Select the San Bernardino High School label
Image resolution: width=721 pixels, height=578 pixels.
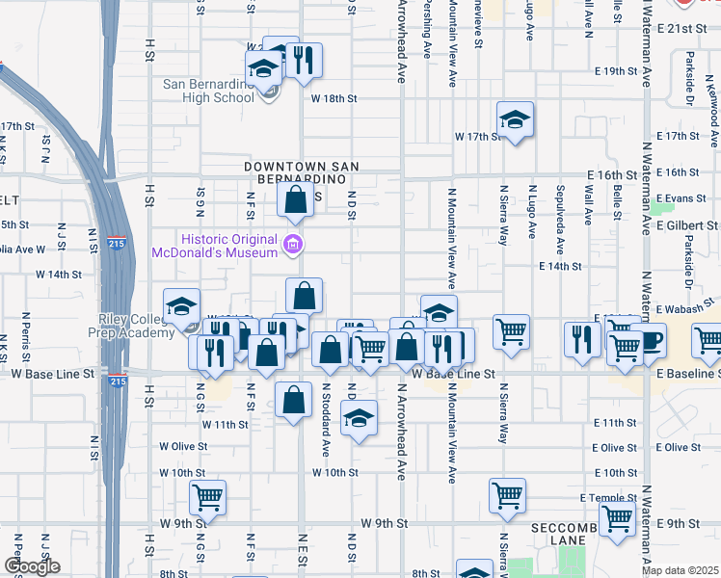207,91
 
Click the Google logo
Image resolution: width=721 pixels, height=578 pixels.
32,566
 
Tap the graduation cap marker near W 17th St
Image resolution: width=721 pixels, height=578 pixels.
516,119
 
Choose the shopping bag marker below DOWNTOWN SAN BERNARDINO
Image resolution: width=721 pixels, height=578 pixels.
296,200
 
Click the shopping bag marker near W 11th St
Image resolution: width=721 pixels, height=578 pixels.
293,399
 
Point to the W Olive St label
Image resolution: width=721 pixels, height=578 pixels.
176,446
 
